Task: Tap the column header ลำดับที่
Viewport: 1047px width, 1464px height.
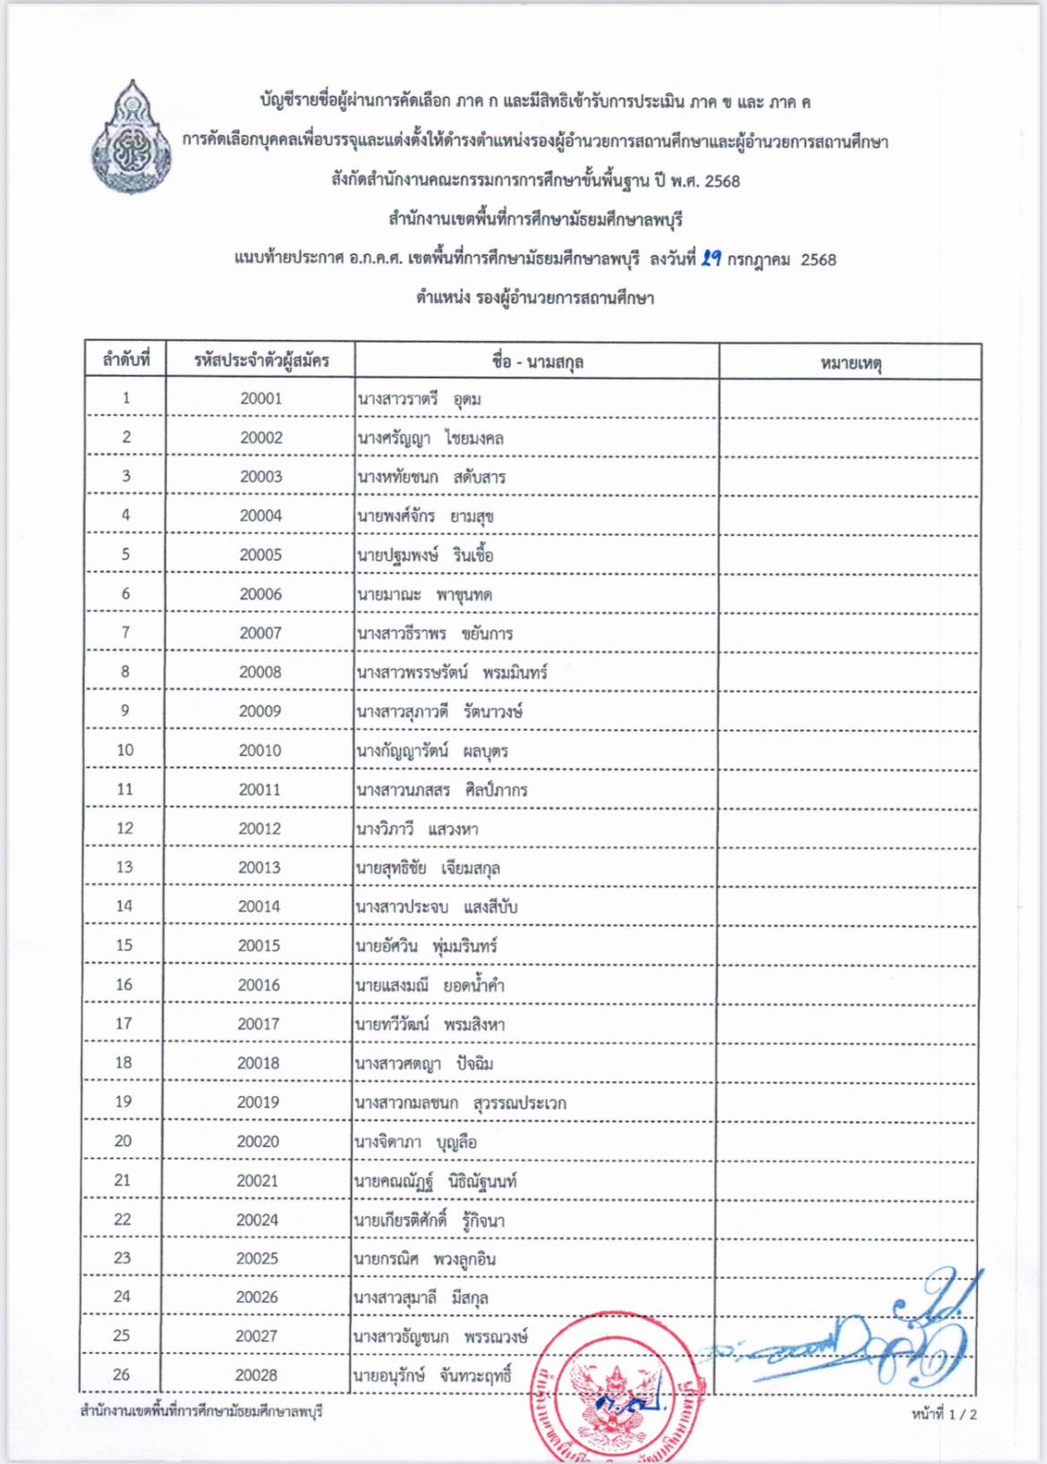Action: click(125, 361)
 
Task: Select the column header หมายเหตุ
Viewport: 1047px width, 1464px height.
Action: click(850, 362)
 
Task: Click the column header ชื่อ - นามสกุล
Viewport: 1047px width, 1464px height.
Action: click(537, 362)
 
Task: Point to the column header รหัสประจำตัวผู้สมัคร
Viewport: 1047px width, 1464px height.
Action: click(261, 361)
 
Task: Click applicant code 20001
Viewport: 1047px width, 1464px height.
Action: click(260, 398)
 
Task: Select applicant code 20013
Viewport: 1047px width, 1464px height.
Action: click(259, 867)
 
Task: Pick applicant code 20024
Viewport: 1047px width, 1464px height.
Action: click(257, 1219)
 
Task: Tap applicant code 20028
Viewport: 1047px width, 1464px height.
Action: click(256, 1375)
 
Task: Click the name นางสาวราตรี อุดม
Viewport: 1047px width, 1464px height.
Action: click(419, 399)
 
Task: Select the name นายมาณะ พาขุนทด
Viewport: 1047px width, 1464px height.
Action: click(424, 594)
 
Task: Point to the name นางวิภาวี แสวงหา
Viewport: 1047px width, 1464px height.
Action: click(417, 829)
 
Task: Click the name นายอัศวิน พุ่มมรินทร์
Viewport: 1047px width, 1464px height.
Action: click(426, 946)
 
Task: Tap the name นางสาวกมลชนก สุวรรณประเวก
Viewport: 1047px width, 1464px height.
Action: click(460, 1102)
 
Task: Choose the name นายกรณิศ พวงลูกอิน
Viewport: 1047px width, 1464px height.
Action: click(424, 1259)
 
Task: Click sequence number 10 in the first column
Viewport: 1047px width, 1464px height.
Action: click(125, 750)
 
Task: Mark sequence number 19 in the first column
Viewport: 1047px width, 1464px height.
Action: click(123, 1102)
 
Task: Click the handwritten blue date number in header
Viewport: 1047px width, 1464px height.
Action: click(711, 259)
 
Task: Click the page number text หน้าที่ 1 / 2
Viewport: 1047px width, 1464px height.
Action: click(944, 1414)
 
